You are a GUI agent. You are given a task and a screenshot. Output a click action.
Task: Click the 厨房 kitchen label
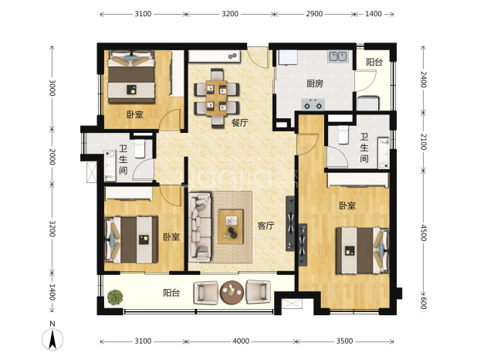coord(315,83)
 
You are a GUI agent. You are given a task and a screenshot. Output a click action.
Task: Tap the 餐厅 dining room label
coord(240,123)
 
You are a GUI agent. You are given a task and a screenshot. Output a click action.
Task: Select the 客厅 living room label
coord(266,226)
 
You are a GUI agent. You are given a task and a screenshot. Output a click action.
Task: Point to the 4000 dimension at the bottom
coord(241,341)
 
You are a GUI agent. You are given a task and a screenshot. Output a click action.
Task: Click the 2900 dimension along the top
coord(314,14)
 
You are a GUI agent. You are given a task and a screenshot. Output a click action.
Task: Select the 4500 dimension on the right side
coord(423,233)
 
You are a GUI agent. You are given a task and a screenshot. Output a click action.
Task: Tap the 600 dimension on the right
coord(423,303)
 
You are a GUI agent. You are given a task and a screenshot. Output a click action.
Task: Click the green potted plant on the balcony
coord(115,297)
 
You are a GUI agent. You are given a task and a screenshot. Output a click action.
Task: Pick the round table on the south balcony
coord(232,292)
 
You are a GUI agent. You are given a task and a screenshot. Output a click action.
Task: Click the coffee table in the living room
coord(231,226)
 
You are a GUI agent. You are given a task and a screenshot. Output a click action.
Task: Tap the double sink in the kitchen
coord(337,56)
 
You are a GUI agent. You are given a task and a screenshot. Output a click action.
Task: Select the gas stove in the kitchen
coord(313,104)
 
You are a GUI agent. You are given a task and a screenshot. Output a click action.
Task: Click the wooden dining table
coord(216,98)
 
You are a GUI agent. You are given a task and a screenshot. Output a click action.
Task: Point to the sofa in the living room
coord(200,227)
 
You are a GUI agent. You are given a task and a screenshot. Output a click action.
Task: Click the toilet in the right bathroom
coord(343,135)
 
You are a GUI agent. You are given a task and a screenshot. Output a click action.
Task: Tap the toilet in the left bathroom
coord(140,148)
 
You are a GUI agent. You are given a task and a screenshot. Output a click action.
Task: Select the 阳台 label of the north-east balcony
coord(374,62)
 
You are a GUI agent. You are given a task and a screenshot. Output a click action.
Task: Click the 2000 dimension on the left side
coord(52,157)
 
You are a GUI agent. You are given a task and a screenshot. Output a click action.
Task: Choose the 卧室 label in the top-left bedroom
coord(135,114)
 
